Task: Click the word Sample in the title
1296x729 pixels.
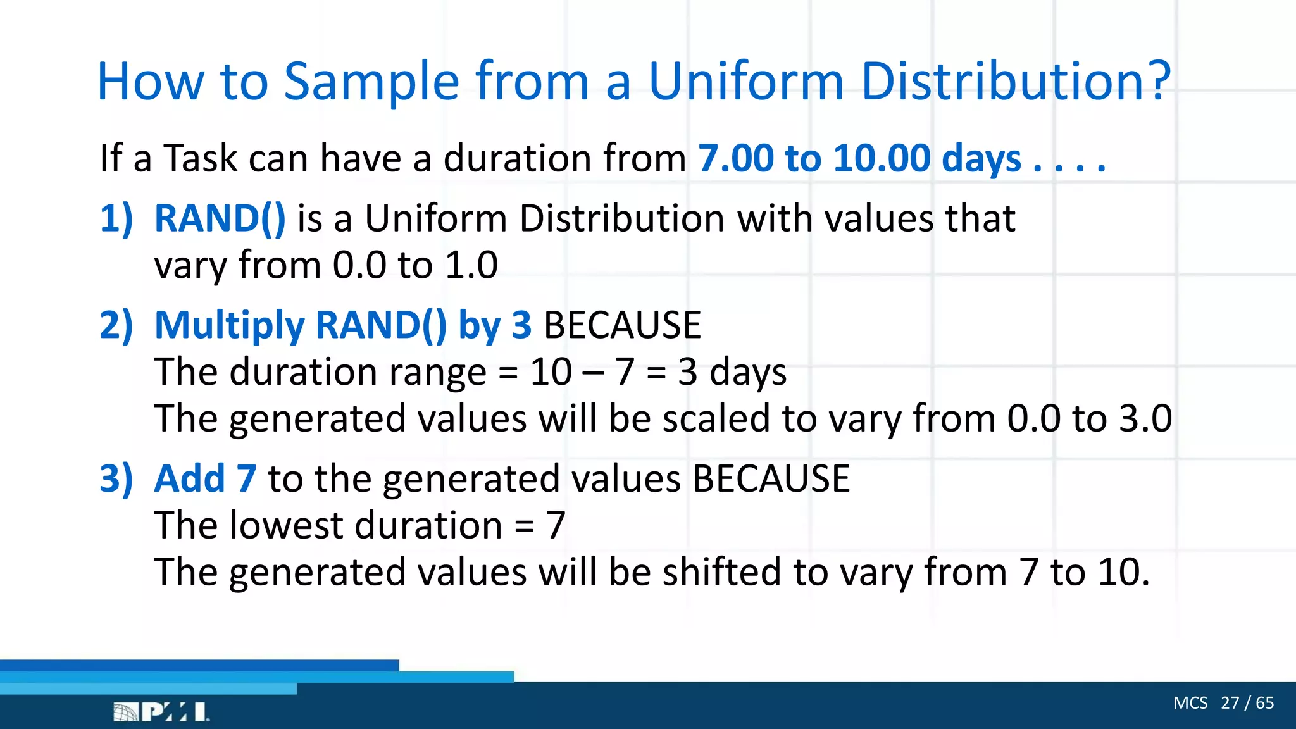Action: pyautogui.click(x=371, y=82)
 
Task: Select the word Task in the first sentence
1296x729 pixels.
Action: pyautogui.click(x=201, y=158)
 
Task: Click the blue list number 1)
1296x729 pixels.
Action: pyautogui.click(x=116, y=218)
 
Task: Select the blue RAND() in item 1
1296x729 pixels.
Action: pyautogui.click(x=220, y=218)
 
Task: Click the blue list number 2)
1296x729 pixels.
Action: pyautogui.click(x=116, y=325)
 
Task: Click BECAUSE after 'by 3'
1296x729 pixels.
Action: pyautogui.click(x=622, y=325)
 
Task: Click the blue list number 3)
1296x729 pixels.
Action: pyautogui.click(x=116, y=478)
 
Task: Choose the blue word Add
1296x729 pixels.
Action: pyautogui.click(x=189, y=478)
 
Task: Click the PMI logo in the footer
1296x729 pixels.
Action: pyautogui.click(x=161, y=712)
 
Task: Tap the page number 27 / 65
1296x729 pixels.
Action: pyautogui.click(x=1247, y=703)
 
